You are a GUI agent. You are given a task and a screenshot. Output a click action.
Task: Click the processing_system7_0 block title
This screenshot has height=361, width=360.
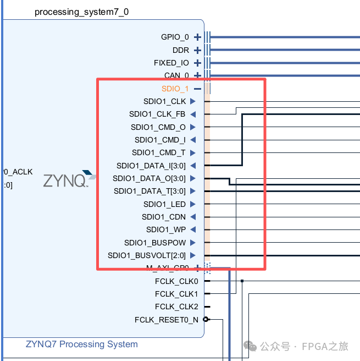pos(81,12)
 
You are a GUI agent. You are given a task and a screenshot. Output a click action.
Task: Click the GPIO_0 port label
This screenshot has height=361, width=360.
pos(175,37)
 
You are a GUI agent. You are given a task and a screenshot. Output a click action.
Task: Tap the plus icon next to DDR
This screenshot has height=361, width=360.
pos(198,50)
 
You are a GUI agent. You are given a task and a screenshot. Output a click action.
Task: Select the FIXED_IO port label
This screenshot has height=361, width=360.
pos(171,63)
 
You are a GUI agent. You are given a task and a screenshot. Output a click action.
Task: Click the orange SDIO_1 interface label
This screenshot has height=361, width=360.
pos(175,89)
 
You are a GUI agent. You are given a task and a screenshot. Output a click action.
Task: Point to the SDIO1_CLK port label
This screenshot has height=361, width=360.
pos(164,101)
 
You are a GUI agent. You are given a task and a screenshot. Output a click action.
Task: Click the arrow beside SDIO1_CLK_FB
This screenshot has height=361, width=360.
pos(193,114)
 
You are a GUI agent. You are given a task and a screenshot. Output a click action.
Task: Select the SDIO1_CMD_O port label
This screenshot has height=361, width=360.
pos(158,127)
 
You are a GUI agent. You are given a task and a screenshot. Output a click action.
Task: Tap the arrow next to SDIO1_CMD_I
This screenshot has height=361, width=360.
pos(193,140)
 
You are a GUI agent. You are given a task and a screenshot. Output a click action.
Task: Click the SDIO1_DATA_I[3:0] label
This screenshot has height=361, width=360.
pos(151,166)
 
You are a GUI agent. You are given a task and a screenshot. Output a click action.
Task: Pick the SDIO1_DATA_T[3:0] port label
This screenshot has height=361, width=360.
pos(149,192)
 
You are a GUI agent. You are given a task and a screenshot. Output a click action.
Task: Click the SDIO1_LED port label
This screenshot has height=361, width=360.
pos(164,204)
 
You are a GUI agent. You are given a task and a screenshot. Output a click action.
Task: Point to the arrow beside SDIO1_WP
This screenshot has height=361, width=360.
pos(193,229)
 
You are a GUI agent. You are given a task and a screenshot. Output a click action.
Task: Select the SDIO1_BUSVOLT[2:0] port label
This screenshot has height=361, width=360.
pos(147,255)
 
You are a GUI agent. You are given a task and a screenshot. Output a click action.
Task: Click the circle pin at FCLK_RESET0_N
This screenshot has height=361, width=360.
pos(206,319)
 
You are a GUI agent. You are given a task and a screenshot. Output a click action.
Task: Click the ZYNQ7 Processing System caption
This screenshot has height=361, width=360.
pos(82,344)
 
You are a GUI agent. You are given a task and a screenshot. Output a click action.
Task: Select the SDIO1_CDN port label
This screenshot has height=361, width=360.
pos(163,217)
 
